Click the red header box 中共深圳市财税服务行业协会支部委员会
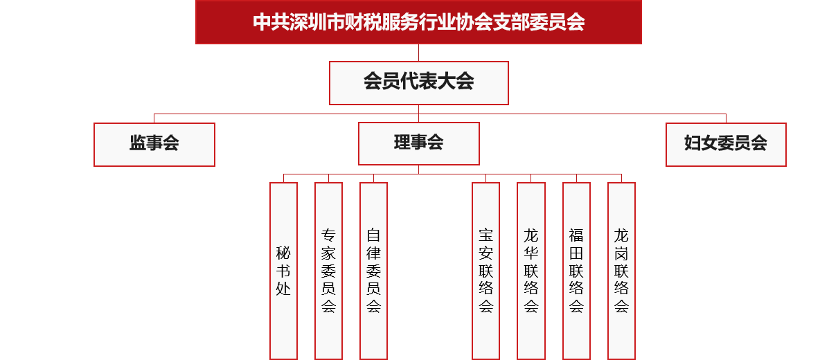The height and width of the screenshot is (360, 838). coord(418,22)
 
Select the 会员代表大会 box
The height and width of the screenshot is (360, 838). coord(418,83)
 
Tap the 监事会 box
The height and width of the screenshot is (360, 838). coord(154,145)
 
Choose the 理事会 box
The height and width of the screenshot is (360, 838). coord(418,143)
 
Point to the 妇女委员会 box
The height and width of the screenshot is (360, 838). coord(726,145)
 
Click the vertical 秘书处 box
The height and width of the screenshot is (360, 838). coord(283,271)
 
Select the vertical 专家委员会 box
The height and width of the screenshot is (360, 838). coord(328,271)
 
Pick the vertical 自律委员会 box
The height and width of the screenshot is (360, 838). coord(373,271)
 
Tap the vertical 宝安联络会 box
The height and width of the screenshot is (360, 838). coord(485,271)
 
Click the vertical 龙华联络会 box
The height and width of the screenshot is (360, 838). coord(531,271)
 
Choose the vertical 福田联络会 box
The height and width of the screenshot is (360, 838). coord(576,271)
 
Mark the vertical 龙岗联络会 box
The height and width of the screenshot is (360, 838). coord(621,271)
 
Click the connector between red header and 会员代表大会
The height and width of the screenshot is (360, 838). coord(418,53)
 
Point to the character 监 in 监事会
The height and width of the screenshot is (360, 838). coord(138,143)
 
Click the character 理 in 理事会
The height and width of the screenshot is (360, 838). coord(402,142)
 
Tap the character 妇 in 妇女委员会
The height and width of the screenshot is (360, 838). coord(693,143)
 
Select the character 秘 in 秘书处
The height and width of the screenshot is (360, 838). coord(283,253)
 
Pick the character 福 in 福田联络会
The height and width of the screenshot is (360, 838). coord(576,235)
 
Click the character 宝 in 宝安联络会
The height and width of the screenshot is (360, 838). coord(485,235)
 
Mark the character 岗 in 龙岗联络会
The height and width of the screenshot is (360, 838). coord(621,253)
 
